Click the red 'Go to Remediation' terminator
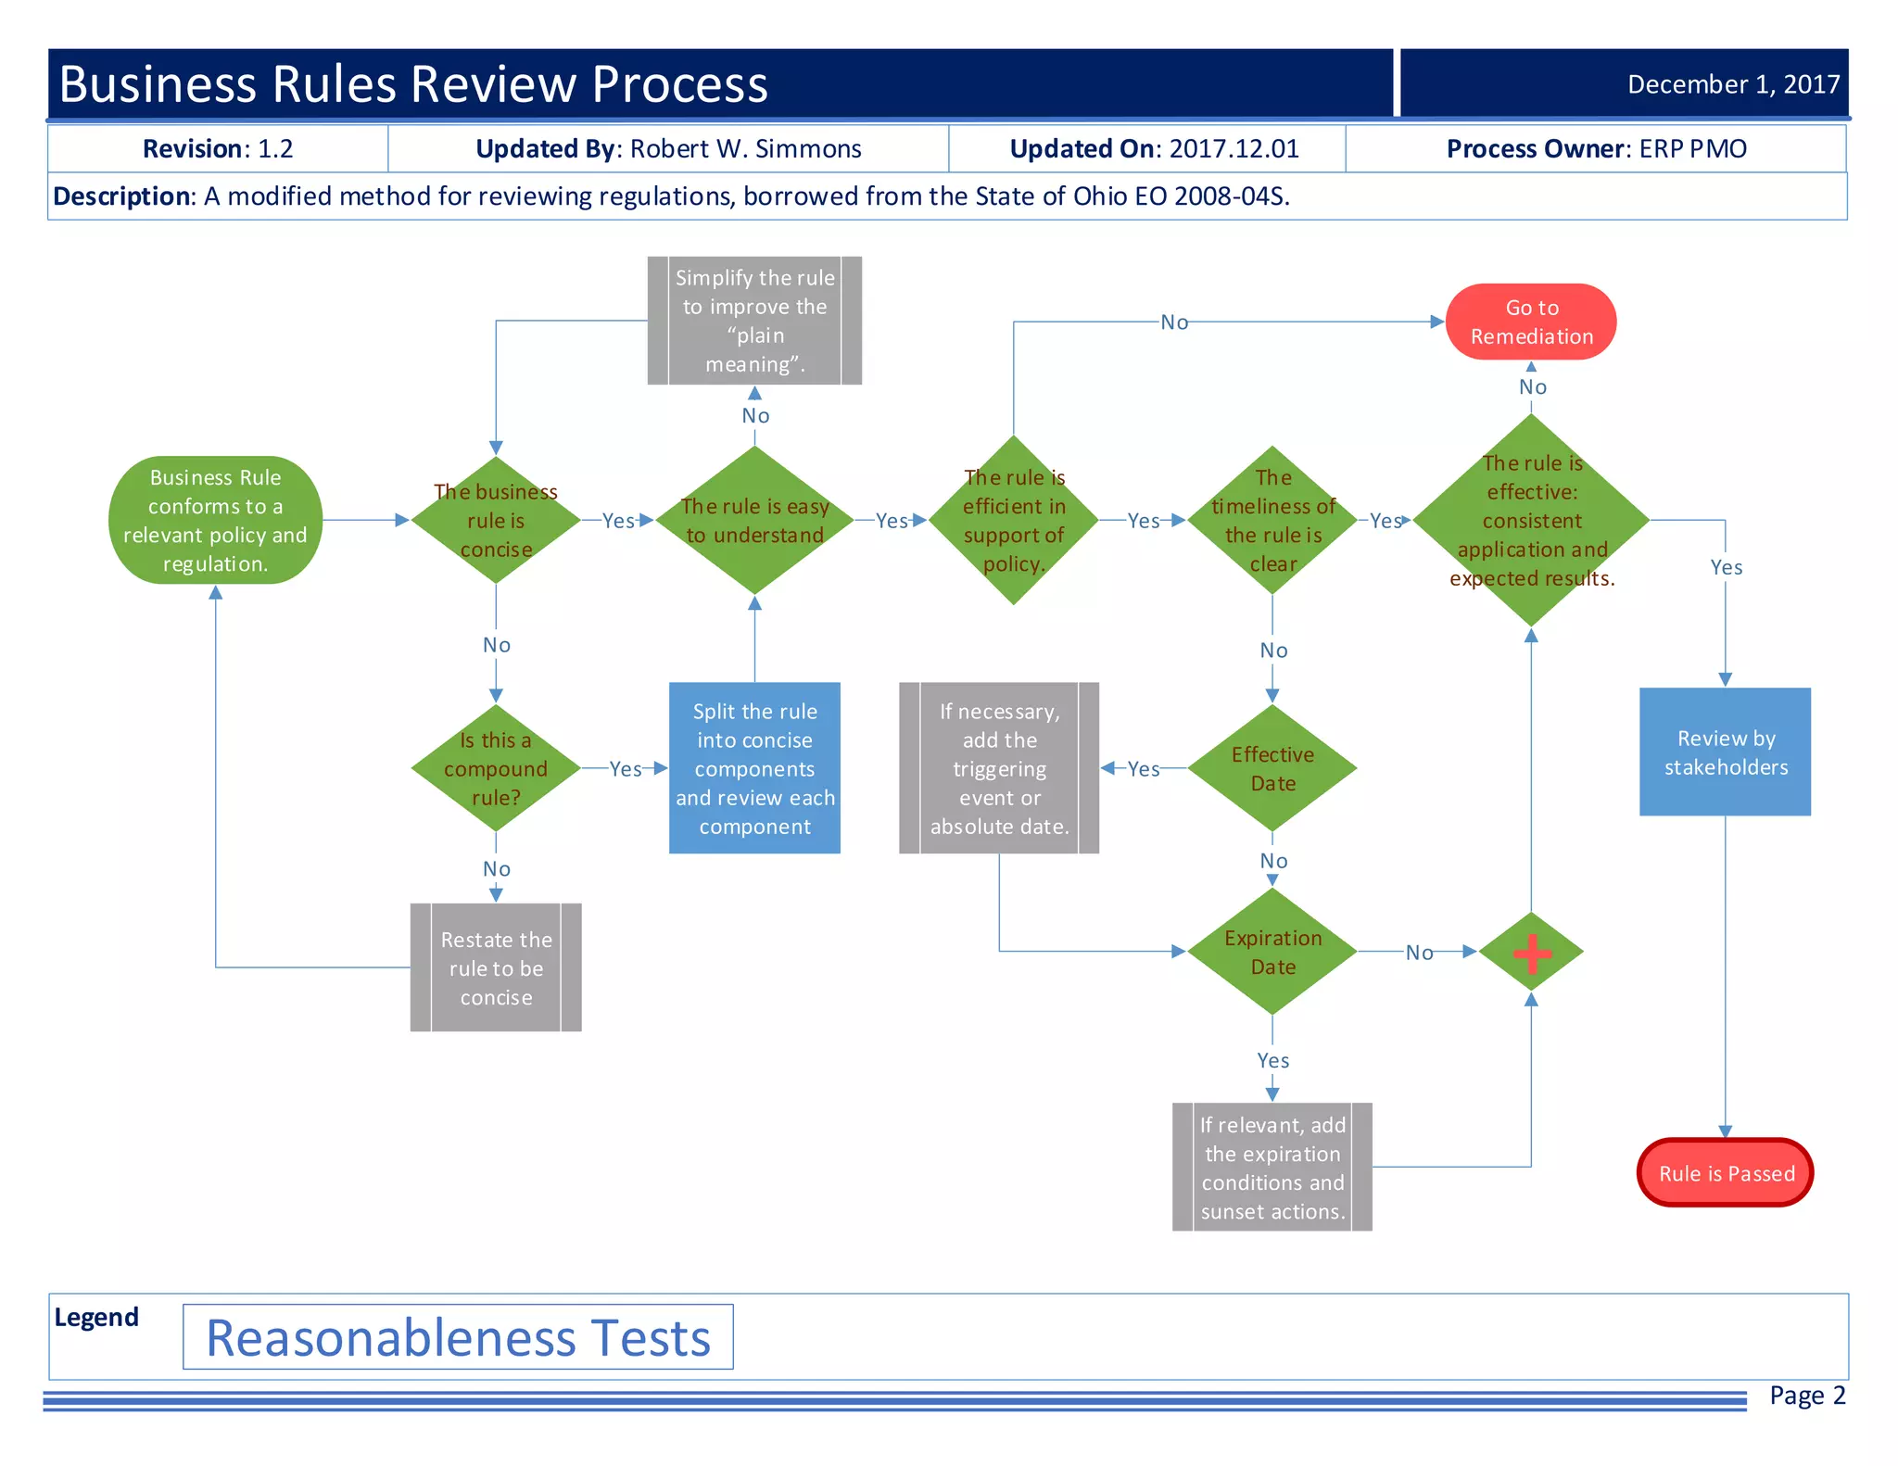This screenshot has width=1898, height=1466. coord(1531,322)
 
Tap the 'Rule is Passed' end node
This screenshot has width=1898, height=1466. coord(1726,1173)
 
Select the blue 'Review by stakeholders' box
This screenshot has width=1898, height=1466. coord(1725,752)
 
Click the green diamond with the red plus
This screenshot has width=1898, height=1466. coord(1531,952)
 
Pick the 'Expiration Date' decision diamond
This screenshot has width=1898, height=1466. coord(1272,952)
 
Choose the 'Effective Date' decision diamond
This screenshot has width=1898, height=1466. coord(1272,768)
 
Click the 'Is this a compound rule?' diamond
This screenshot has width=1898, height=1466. coord(496,768)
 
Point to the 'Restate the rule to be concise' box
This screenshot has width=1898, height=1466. coord(496,967)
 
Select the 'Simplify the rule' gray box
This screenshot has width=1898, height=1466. coord(754,321)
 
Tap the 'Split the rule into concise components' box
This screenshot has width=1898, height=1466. coord(754,768)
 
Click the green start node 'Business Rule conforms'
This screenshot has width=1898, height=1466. coord(215,520)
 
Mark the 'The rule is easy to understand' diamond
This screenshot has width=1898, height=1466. coord(754,520)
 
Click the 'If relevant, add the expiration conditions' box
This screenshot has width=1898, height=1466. coord(1272,1167)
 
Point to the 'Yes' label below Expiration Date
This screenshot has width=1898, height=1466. coord(1272,1060)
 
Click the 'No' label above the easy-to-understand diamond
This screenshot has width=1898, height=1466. coord(755,416)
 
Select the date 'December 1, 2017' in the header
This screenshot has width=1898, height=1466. coord(1733,84)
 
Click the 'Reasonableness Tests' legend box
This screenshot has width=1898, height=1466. coord(458,1337)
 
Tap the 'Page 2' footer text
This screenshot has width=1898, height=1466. coord(1807,1396)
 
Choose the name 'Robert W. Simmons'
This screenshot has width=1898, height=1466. coord(745,149)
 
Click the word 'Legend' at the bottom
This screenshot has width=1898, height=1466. coord(96,1317)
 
